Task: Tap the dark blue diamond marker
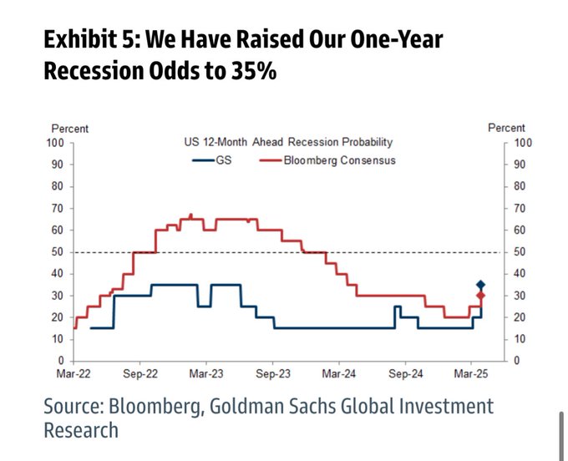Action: click(480, 285)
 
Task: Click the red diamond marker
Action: click(480, 296)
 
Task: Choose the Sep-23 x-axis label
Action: click(271, 375)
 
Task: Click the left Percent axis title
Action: click(70, 129)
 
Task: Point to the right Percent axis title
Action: click(507, 129)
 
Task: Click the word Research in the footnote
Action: click(80, 430)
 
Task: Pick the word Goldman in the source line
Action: click(252, 407)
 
